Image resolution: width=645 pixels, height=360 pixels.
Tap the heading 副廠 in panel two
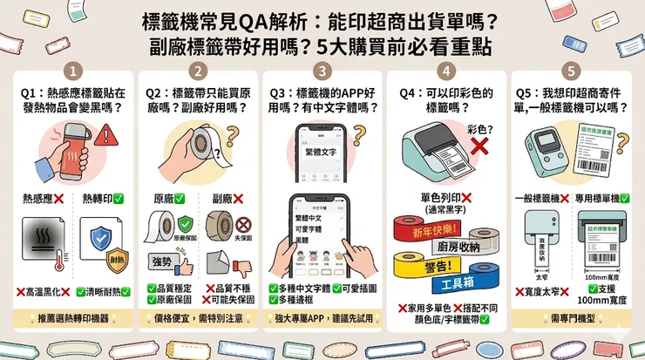(x=225, y=198)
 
